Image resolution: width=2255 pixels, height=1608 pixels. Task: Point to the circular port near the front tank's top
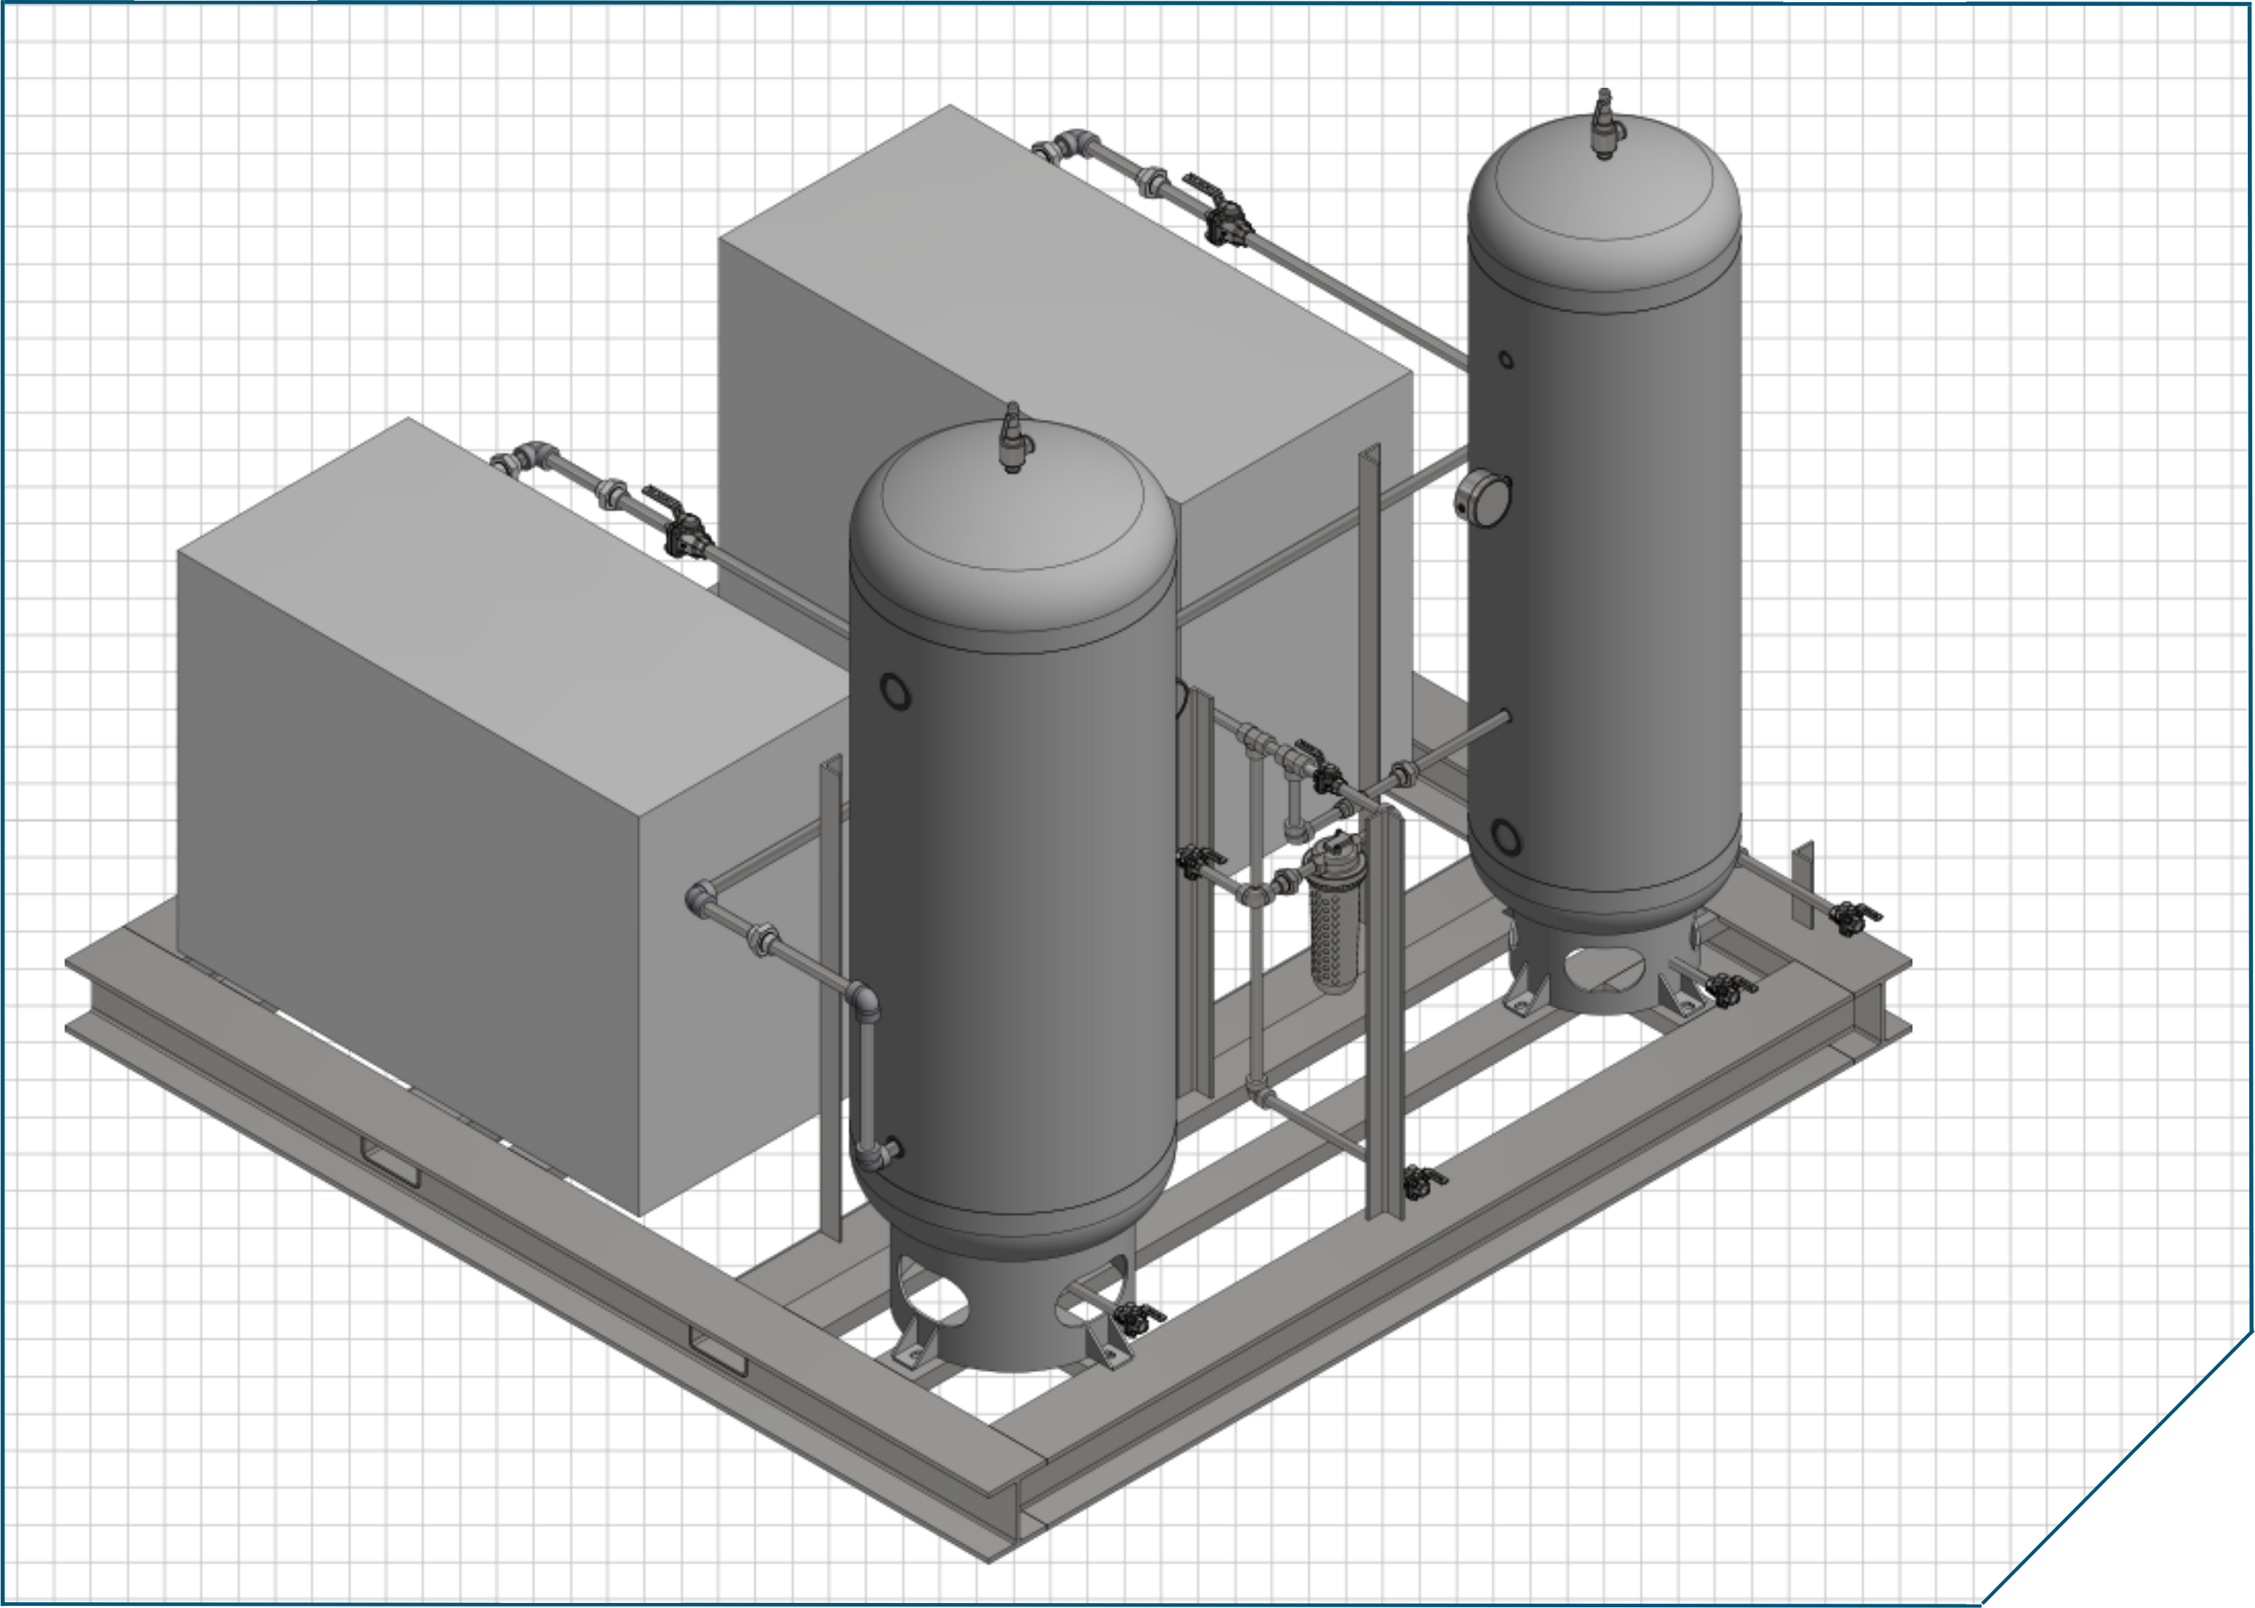[895, 692]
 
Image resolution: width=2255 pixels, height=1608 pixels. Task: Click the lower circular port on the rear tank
[1505, 838]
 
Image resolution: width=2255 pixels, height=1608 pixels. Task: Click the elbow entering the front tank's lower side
[866, 1003]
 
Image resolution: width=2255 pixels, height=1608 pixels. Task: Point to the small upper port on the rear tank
[1505, 359]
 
